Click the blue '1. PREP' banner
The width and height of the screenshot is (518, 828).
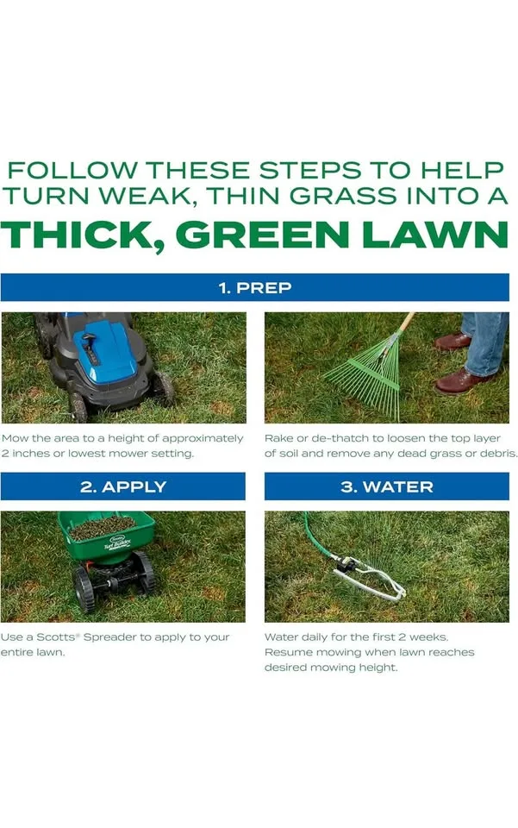(x=254, y=287)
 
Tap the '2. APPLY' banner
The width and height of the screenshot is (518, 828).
(x=123, y=486)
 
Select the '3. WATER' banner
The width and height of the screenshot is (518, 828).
(x=386, y=486)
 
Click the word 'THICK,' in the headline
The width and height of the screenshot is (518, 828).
(x=82, y=235)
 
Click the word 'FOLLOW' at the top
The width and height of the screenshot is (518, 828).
(x=74, y=169)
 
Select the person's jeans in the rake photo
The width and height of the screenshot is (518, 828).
(x=486, y=341)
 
